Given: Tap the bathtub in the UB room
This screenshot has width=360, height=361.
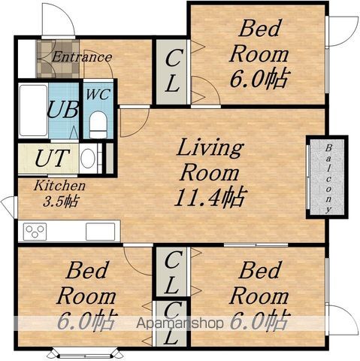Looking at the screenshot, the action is [x=33, y=111].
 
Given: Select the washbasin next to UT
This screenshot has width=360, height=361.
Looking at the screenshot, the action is [x=88, y=158].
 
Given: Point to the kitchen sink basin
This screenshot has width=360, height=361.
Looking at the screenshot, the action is [x=100, y=232].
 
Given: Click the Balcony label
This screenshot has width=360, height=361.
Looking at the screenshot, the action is [x=328, y=179].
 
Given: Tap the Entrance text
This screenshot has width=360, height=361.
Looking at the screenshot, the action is [x=82, y=57].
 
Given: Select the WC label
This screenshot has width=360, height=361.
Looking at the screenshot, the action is [x=98, y=95].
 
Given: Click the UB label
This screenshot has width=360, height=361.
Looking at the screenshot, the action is [x=62, y=109].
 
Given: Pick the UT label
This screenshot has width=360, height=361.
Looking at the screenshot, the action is [x=52, y=158].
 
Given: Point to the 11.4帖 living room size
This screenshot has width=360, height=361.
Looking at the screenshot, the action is [x=210, y=197].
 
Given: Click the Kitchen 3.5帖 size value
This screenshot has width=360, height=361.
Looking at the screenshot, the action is [x=61, y=202].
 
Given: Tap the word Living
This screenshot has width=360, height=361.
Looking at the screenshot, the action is [x=210, y=148].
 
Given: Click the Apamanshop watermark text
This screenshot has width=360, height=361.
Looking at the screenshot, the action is [x=180, y=323].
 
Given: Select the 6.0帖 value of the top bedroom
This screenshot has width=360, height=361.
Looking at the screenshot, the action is [x=260, y=79].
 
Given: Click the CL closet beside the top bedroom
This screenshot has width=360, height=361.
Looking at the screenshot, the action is [x=172, y=72].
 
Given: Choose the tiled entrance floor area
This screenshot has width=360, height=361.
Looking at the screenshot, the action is [x=58, y=59].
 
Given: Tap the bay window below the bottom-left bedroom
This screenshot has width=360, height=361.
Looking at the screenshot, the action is [x=85, y=354].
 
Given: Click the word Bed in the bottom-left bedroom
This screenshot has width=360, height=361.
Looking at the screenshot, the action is [x=86, y=270].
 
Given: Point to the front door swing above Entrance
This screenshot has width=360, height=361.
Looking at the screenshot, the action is [x=58, y=20].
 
